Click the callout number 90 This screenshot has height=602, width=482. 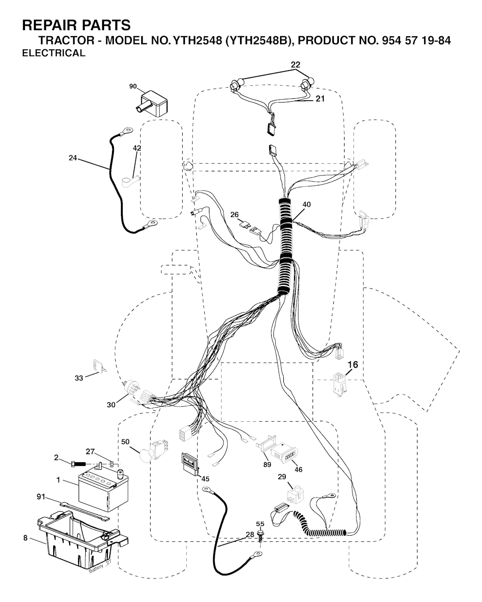[133, 86]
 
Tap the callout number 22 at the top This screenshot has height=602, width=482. [296, 64]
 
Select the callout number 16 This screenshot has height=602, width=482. [353, 365]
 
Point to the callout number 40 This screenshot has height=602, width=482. [306, 204]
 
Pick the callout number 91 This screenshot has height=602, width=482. [41, 497]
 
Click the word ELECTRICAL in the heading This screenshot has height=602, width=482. [54, 53]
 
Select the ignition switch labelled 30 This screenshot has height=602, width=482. [131, 387]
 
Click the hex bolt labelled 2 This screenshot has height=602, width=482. [78, 464]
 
